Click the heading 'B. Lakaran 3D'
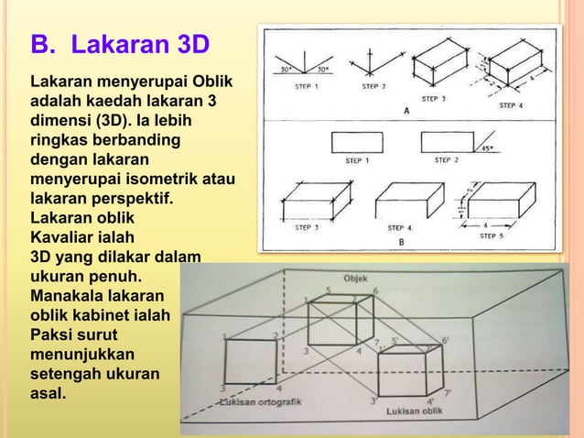pos(120,45)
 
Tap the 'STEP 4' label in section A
pos(511,105)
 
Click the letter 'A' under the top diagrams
pos(406,112)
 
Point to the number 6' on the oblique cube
pos(446,340)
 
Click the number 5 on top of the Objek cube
pos(329,290)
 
